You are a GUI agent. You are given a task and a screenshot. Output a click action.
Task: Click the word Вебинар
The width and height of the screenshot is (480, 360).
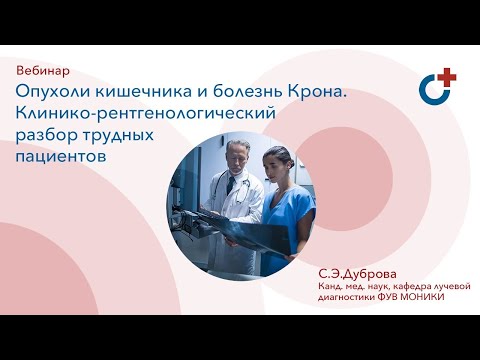44,73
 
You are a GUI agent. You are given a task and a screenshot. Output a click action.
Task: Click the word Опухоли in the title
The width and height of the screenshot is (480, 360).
49,93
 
